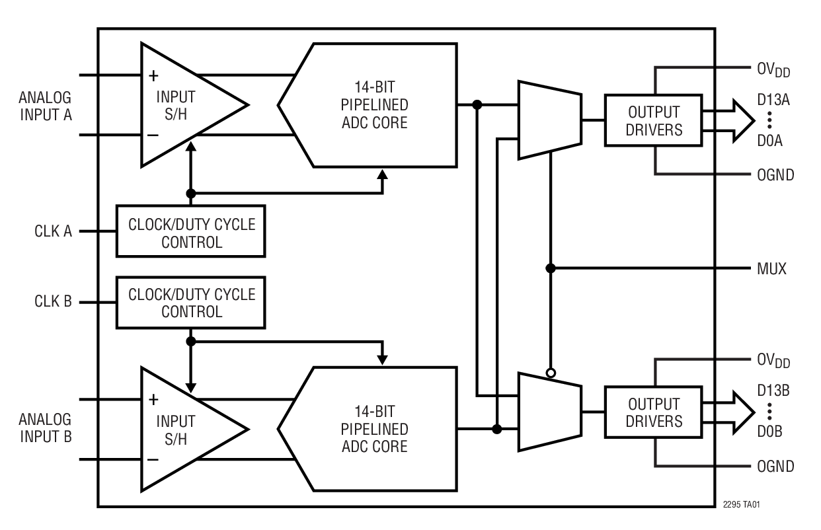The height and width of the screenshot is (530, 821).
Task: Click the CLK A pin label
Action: click(x=54, y=232)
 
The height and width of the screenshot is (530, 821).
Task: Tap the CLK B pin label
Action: click(x=54, y=303)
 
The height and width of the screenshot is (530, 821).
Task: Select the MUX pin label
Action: click(x=772, y=269)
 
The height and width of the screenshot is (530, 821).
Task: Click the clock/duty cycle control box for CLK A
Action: click(x=192, y=232)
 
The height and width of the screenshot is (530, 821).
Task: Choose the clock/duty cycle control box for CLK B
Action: click(x=192, y=303)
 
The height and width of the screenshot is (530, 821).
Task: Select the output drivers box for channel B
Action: click(x=654, y=412)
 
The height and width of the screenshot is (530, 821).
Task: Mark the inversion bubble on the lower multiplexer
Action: click(x=551, y=373)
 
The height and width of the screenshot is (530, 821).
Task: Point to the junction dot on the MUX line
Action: click(x=551, y=269)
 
